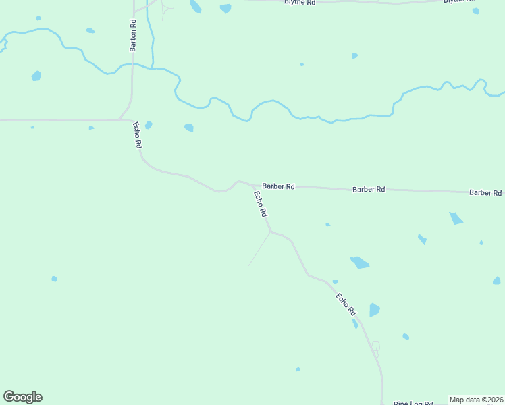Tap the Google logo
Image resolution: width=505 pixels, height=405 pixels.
(22, 397)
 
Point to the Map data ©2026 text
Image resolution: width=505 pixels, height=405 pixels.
(476, 400)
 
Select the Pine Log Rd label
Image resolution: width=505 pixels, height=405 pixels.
(413, 403)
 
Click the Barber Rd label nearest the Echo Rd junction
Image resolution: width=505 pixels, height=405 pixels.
(278, 186)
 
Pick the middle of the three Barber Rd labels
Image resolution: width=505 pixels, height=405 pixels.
(369, 190)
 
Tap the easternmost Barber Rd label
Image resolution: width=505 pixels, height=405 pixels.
(486, 192)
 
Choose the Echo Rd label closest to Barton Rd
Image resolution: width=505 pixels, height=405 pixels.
(138, 134)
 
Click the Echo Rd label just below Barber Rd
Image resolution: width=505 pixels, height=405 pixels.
(261, 204)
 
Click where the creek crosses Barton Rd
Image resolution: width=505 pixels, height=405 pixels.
(132, 64)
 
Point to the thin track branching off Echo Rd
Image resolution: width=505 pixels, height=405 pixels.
(259, 249)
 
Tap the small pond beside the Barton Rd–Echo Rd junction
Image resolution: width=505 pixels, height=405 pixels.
(149, 125)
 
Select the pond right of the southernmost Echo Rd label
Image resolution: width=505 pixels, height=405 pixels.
(374, 310)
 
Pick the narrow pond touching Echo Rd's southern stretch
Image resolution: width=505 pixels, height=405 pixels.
(355, 324)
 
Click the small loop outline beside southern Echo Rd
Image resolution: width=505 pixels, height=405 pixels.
(375, 348)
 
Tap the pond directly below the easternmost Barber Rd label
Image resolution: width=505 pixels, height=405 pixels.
(456, 218)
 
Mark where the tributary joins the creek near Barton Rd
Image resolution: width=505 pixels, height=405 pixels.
(154, 67)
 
